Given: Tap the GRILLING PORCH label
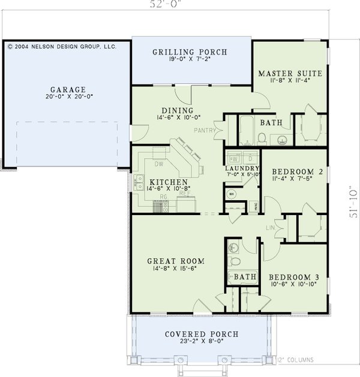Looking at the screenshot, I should (x=190, y=52).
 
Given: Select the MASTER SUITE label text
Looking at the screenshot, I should (x=290, y=74).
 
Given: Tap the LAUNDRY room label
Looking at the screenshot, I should (x=242, y=168).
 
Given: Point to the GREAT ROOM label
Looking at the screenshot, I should (x=176, y=261).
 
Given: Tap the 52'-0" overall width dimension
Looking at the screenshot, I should (x=165, y=5).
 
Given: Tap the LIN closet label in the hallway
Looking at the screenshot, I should (x=270, y=227).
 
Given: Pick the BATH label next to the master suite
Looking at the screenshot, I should (x=268, y=122).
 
